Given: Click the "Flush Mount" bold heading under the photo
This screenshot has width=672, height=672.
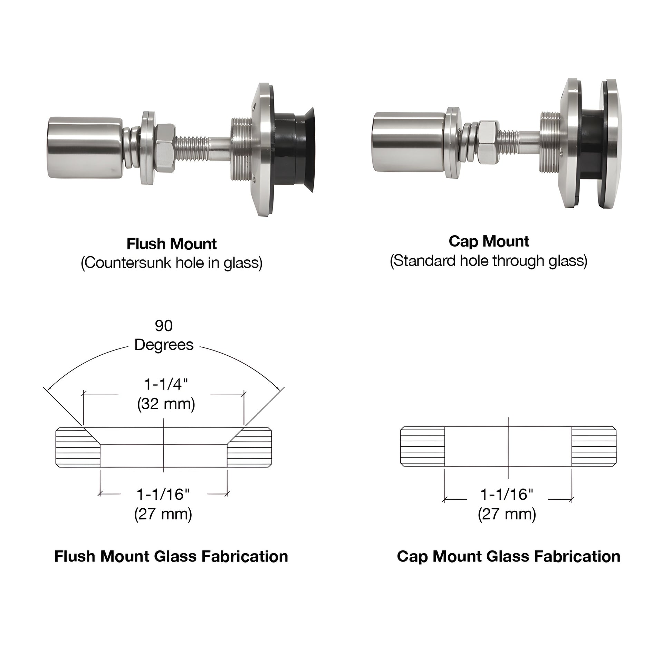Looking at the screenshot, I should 172,244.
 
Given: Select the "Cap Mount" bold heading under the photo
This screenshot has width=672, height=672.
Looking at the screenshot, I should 489,241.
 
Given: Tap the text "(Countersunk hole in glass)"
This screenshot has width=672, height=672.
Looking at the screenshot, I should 172,263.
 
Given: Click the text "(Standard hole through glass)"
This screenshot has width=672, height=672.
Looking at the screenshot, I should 488,261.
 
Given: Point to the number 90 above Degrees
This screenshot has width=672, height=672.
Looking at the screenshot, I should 163,326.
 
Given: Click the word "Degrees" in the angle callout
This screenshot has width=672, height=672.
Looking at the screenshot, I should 164,345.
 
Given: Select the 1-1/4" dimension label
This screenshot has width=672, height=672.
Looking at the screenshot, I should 165,385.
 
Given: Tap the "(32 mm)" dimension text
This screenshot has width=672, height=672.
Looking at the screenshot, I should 166,404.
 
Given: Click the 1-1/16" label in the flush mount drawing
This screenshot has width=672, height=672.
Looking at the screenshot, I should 163,494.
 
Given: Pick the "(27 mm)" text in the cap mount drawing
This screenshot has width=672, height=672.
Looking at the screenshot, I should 507,514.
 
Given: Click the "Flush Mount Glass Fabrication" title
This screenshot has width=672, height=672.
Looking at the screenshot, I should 171,557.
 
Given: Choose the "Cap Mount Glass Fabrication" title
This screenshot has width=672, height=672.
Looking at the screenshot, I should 509,557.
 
